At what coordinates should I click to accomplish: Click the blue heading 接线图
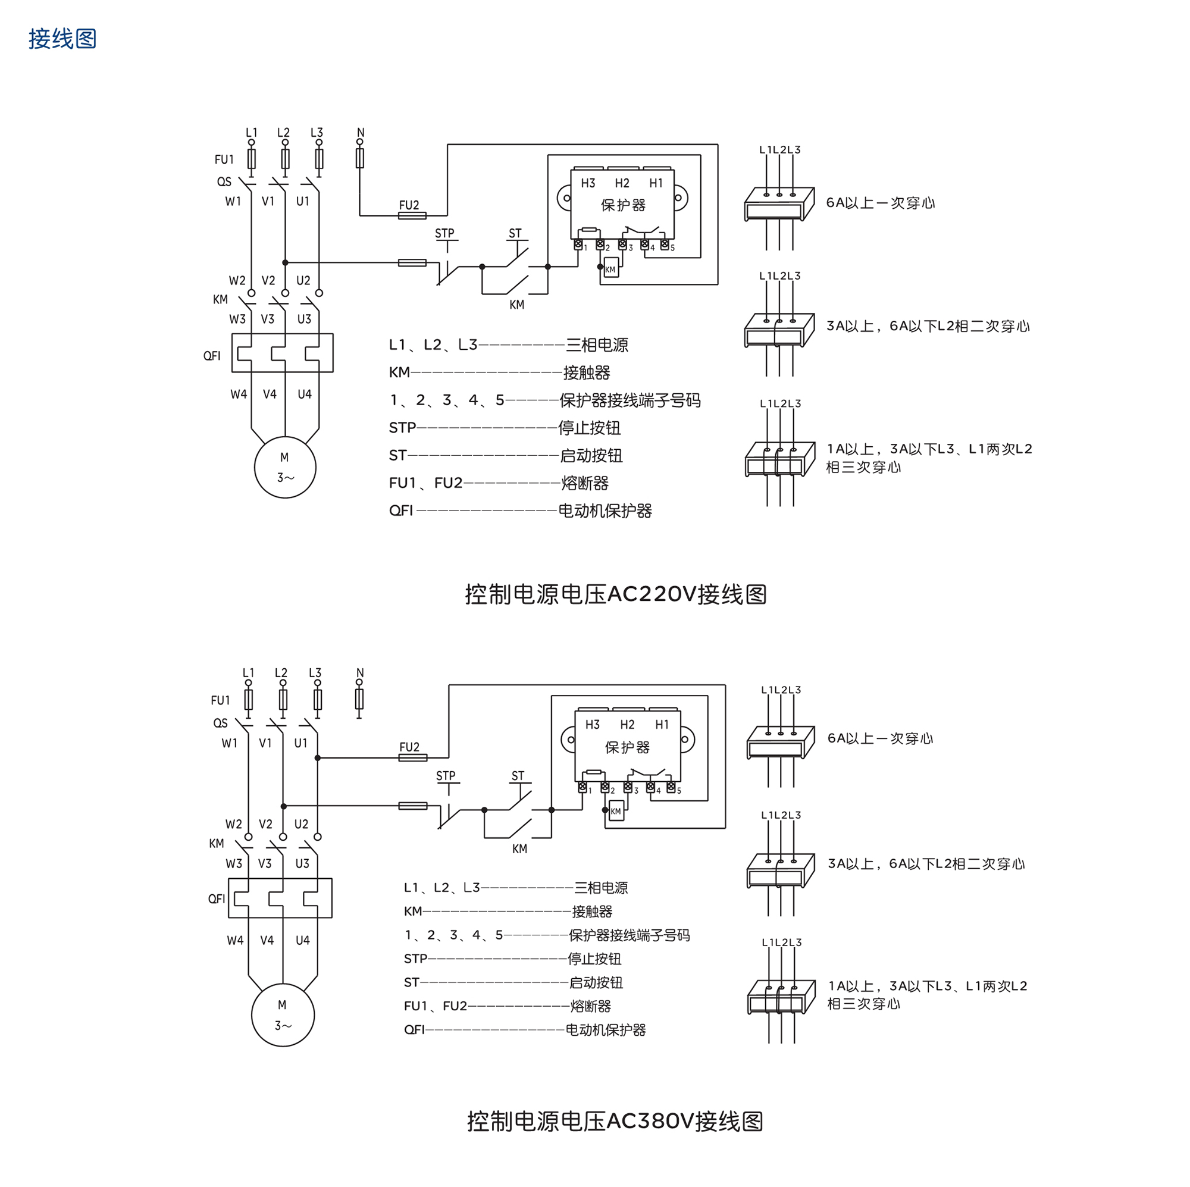(x=62, y=39)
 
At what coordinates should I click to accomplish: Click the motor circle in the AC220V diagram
(x=284, y=468)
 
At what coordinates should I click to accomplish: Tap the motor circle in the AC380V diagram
(x=283, y=1014)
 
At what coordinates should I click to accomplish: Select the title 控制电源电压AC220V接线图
(x=615, y=594)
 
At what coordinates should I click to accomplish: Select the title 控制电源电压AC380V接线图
(x=615, y=1121)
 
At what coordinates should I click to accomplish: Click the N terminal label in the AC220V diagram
(x=361, y=133)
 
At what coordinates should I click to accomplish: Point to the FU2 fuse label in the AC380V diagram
(x=409, y=747)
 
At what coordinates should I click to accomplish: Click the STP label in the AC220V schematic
(x=444, y=233)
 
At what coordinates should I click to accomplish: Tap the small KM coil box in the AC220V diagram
(x=610, y=269)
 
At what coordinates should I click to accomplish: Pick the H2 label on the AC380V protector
(x=627, y=724)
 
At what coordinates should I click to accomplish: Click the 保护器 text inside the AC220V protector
(x=623, y=205)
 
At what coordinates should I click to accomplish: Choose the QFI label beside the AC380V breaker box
(x=216, y=898)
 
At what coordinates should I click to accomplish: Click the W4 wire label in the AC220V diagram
(x=239, y=394)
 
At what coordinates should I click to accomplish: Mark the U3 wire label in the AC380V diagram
(x=302, y=863)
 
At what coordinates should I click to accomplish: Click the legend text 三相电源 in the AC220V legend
(x=597, y=345)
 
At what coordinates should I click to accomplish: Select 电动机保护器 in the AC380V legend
(x=606, y=1030)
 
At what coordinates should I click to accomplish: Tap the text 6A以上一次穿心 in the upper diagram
(x=880, y=203)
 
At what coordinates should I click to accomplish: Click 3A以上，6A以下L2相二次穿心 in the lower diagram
(x=926, y=863)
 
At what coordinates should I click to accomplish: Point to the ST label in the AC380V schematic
(x=518, y=776)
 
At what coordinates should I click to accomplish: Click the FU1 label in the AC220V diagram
(x=224, y=159)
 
